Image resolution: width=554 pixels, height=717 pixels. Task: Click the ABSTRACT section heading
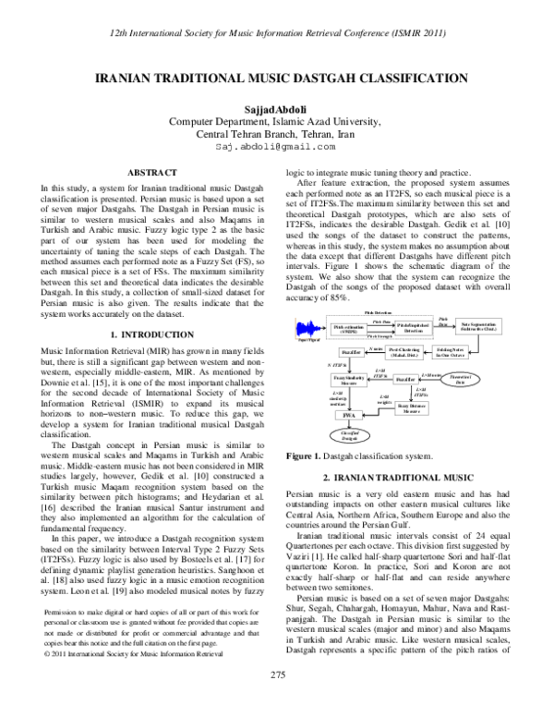click(x=151, y=173)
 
